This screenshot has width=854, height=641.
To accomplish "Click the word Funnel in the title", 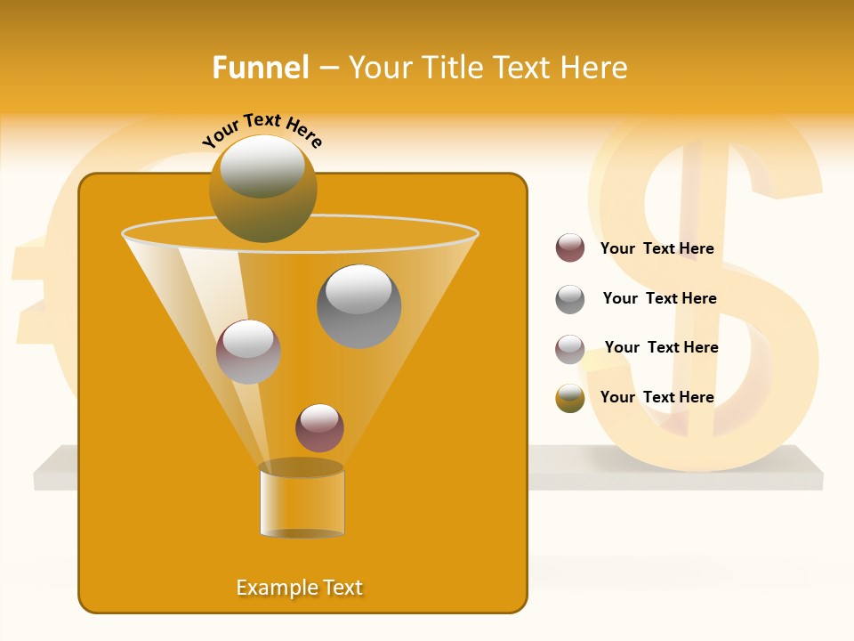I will (260, 68).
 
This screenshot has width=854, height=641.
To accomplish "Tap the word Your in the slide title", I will (381, 68).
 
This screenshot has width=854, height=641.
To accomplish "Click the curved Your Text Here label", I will (262, 129).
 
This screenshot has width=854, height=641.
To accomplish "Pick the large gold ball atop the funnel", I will (263, 189).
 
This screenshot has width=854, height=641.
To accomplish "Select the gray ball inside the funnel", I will (359, 306).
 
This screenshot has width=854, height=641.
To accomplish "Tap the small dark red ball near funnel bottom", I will (319, 428).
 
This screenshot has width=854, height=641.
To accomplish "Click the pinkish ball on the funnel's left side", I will (248, 352).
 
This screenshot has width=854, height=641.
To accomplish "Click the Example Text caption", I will (300, 588).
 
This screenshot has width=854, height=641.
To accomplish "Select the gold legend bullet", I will (570, 398).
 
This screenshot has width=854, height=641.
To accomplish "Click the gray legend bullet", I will (570, 299).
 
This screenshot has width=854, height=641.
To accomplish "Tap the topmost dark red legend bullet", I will (570, 248).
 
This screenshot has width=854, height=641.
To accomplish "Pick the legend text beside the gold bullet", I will (657, 397).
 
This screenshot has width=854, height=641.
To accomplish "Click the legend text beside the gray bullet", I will (659, 298).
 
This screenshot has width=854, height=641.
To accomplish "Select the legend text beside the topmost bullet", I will (657, 248).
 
